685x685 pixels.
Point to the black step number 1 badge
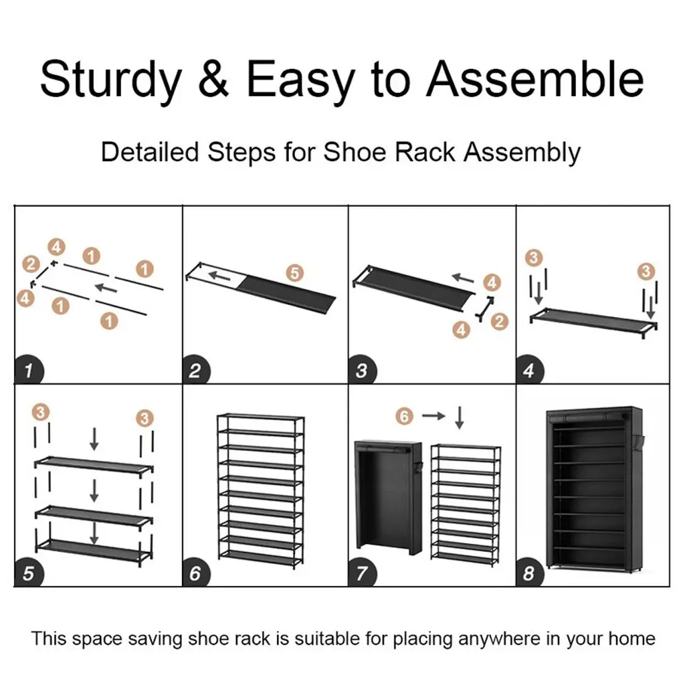(x=29, y=370)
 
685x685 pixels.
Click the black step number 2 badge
(x=196, y=371)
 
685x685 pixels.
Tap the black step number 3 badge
(x=362, y=371)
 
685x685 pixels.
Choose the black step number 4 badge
(x=530, y=370)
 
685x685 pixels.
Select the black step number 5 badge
(x=29, y=573)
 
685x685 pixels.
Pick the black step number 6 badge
(x=196, y=573)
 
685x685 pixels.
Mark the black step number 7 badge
(x=362, y=573)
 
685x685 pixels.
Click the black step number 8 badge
(x=530, y=573)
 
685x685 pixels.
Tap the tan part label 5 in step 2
(x=295, y=273)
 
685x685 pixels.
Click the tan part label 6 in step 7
(x=405, y=416)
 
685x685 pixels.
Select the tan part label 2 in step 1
(x=31, y=264)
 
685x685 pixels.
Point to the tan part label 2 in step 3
(x=500, y=322)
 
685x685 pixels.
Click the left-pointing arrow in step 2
(x=219, y=276)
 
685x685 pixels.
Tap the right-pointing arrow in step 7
(x=433, y=416)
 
